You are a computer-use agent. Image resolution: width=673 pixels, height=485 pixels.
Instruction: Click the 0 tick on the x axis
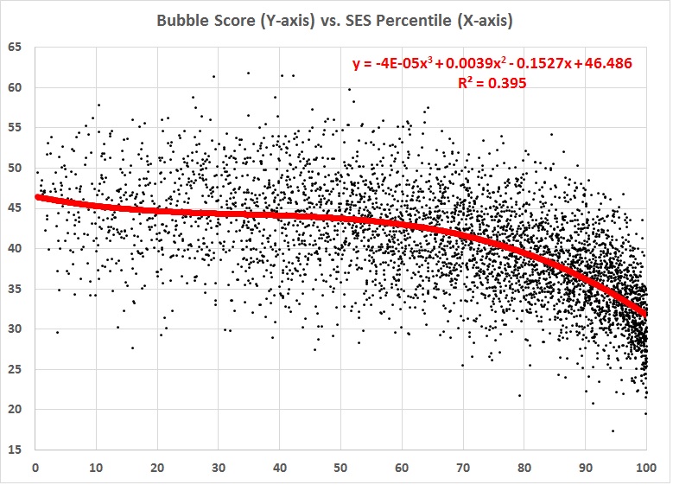pyautogui.click(x=35, y=469)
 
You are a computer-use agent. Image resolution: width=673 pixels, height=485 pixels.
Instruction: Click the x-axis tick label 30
pyautogui.click(x=218, y=469)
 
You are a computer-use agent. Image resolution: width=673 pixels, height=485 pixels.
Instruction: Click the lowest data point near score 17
pyautogui.click(x=613, y=431)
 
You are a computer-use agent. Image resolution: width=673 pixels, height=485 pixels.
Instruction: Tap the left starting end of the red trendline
pyautogui.click(x=36, y=197)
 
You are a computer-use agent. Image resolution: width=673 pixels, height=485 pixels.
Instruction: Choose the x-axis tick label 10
pyautogui.click(x=96, y=469)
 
